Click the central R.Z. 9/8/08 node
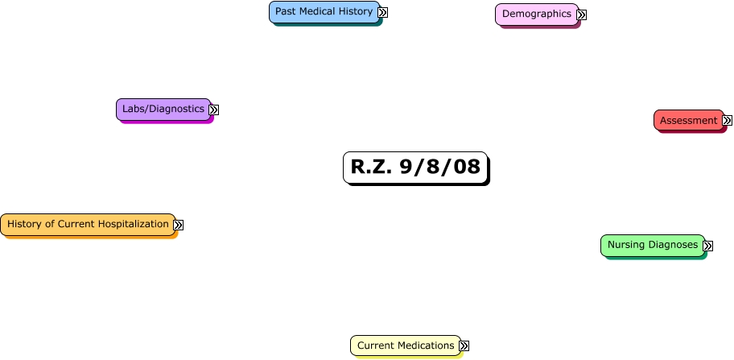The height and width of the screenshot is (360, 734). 415,168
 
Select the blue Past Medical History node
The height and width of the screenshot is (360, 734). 324,12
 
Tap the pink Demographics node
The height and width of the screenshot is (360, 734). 536,14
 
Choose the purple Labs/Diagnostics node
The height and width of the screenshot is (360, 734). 163,109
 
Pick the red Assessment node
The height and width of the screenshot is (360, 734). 688,121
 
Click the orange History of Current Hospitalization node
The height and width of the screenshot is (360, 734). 88,224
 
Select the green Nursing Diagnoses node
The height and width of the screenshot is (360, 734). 652,245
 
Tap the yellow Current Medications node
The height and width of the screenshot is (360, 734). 405,346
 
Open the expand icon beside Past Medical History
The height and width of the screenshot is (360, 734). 383,12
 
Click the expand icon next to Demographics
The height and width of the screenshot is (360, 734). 581,14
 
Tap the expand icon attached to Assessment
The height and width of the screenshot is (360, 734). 727,121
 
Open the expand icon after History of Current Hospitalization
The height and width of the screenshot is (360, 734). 179,226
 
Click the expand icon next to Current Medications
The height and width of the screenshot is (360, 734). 464,346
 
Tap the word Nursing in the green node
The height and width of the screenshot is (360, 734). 626,245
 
